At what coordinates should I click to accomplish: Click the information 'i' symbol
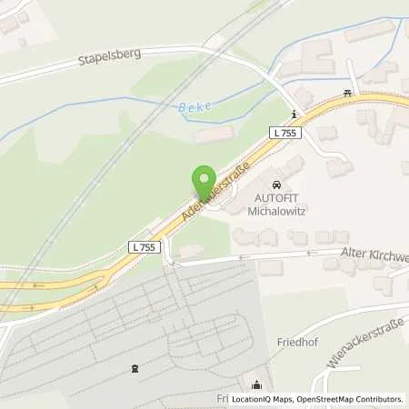[x=294, y=114]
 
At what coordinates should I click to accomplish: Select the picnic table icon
[x=348, y=93]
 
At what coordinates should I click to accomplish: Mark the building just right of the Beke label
[x=214, y=135]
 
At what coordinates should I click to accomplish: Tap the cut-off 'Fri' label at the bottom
[x=222, y=399]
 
